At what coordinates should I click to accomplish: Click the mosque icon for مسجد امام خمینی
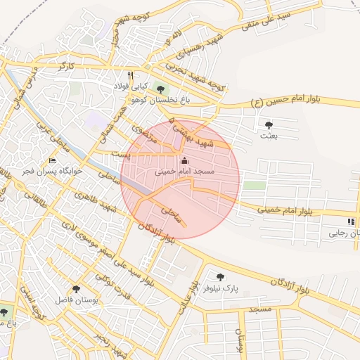point(185,160)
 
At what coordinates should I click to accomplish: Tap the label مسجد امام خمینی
point(185,171)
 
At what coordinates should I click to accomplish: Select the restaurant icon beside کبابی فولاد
point(130,75)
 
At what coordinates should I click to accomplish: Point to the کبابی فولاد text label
point(130,86)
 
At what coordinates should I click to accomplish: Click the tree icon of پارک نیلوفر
point(219,277)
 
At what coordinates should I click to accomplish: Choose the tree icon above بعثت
point(269,125)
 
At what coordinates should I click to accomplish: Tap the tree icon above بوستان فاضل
point(76,288)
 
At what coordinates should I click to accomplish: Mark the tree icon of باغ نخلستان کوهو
point(161,89)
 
